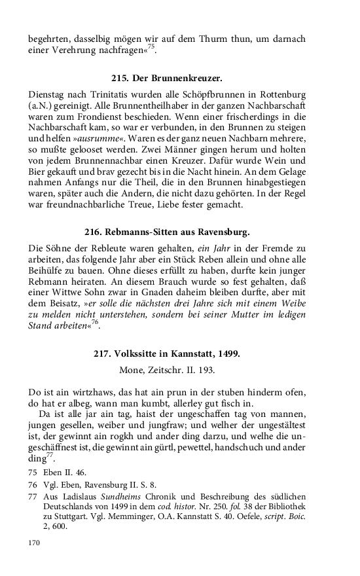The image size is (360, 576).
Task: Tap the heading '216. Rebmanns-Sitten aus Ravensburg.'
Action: pyautogui.click(x=168, y=232)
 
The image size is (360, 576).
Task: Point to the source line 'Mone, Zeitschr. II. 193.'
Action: pyautogui.click(x=167, y=370)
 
